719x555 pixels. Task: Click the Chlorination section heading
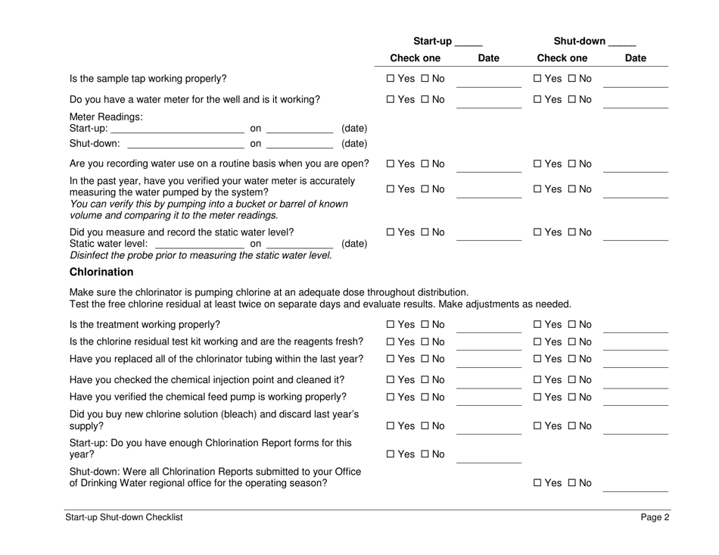tap(101, 272)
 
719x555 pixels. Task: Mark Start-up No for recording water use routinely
tap(426, 164)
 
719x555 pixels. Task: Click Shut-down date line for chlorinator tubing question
tap(635, 362)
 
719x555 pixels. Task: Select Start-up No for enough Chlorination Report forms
tap(426, 454)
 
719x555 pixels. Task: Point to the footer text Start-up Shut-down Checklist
tap(125, 518)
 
